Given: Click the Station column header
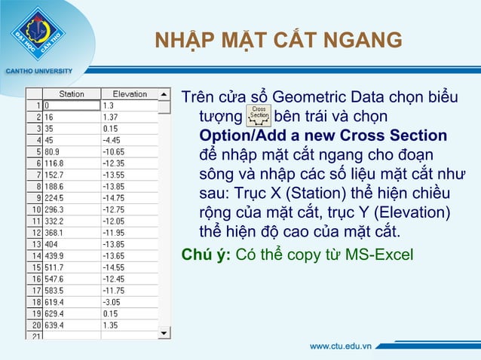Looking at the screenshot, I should [72, 94].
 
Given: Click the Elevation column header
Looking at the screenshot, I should [129, 94].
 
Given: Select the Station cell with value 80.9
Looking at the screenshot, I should [72, 151].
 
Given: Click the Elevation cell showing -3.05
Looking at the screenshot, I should [129, 301].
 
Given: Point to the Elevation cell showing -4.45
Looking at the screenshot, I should [129, 139].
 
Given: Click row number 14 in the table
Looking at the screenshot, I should [34, 255].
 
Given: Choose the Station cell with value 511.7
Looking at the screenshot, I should [72, 267].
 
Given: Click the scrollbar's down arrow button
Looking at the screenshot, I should [164, 331].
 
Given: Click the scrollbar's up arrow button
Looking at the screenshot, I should [164, 94].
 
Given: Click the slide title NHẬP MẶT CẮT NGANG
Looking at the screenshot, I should [278, 40].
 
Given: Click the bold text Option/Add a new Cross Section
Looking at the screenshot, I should [323, 136].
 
